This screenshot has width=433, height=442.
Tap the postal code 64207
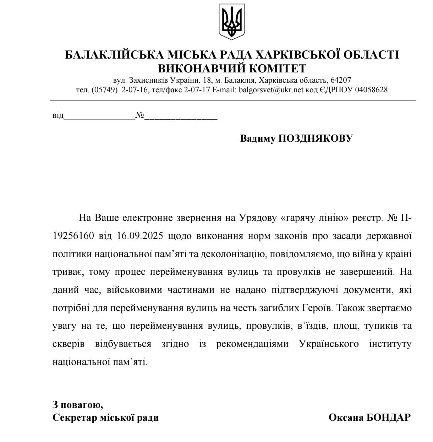click(x=341, y=80)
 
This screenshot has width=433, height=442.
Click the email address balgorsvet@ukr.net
click(x=271, y=90)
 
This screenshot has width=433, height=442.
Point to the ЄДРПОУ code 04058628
click(x=371, y=90)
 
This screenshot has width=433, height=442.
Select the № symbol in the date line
click(x=139, y=115)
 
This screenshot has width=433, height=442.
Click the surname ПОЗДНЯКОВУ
click(x=315, y=138)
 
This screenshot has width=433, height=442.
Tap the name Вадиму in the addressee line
click(x=258, y=138)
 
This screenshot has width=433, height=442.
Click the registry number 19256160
click(x=73, y=236)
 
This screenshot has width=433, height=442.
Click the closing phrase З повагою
click(x=78, y=404)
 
